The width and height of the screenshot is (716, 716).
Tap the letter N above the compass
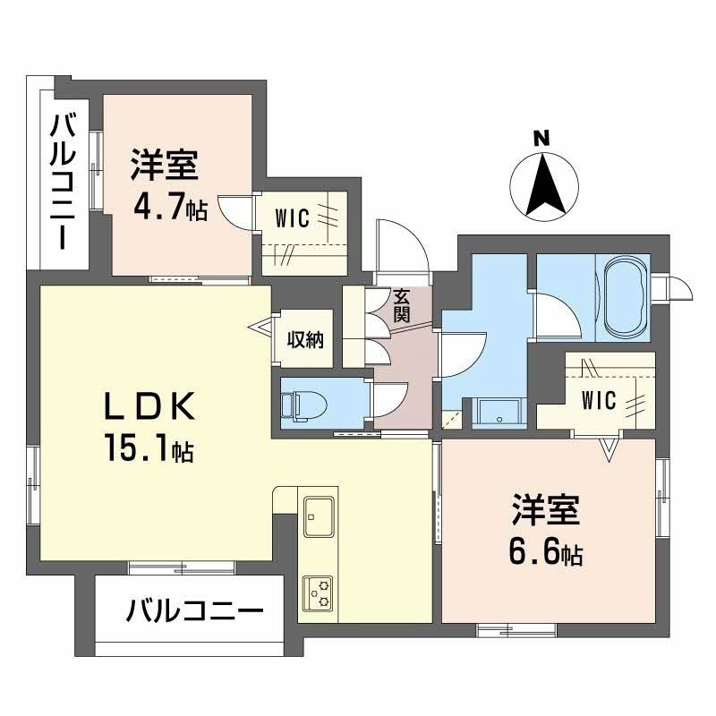tap(541, 139)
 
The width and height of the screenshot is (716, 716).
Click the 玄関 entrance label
tap(400, 306)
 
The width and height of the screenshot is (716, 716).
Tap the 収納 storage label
tap(305, 340)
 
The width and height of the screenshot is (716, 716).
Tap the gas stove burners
tap(318, 588)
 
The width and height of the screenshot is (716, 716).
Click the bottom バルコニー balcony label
tap(194, 613)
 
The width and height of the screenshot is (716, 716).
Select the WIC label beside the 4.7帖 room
tap(292, 217)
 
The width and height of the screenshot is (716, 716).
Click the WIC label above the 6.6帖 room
tap(598, 400)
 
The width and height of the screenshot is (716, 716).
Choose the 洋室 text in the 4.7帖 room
tap(165, 166)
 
